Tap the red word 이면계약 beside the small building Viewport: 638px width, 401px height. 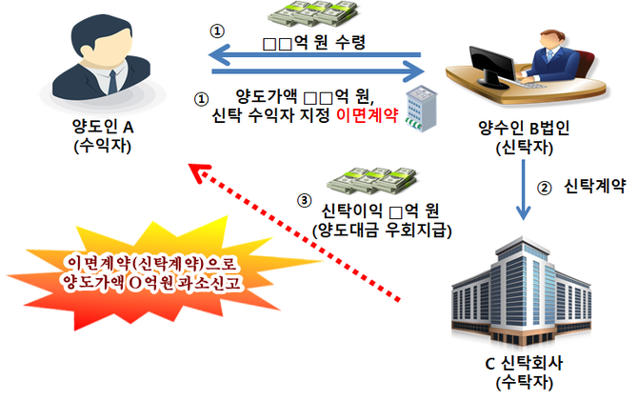(x=367, y=118)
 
